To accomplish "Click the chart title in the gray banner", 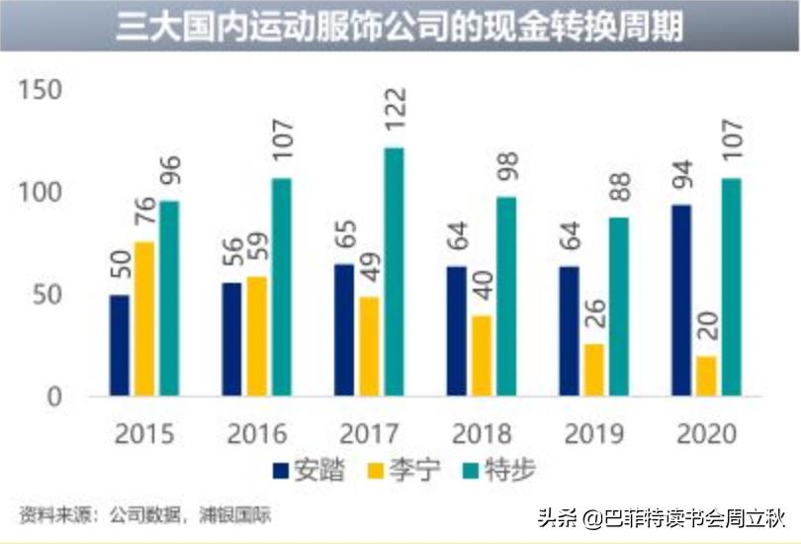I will pos(400,27).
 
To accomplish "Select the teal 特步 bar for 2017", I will pos(394,272).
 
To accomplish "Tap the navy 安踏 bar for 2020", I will pos(681,301).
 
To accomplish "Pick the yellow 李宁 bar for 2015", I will pos(144,319).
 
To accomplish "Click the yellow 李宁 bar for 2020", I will pos(706,376).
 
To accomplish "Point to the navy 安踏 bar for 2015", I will pos(120,345).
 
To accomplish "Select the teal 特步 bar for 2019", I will pos(618,307).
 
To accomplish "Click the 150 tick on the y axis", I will pos(41,91).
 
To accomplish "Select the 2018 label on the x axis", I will pos(484,433).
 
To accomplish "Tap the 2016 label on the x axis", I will pos(257,433).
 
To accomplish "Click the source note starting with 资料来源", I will pos(143,514).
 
